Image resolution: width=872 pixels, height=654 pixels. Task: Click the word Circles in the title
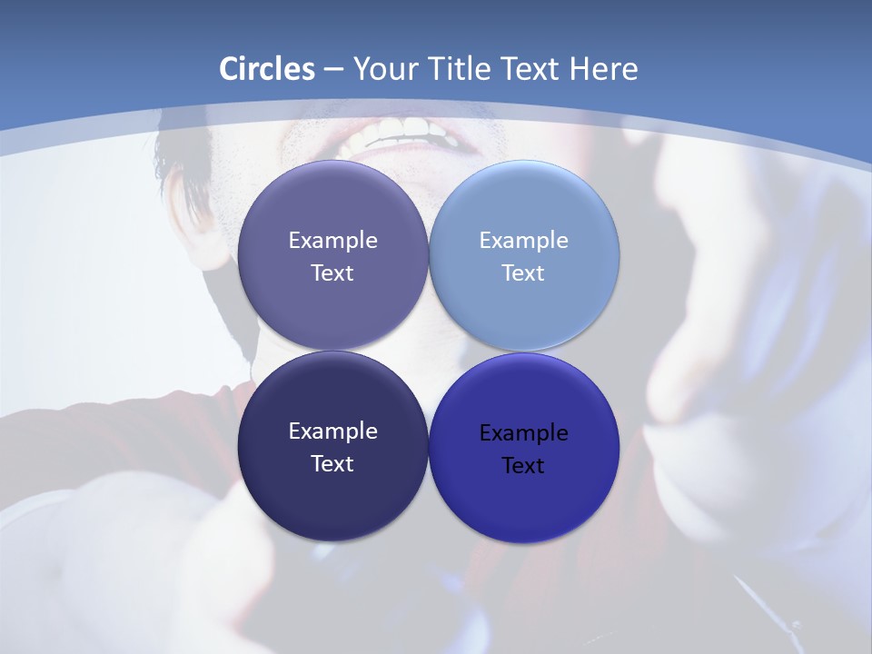(266, 69)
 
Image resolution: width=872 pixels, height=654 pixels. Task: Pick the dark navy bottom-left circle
(332, 500)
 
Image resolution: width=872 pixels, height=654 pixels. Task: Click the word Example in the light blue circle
(523, 241)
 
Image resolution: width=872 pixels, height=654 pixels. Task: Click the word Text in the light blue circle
(523, 273)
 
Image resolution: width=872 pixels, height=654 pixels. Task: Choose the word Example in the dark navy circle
(332, 431)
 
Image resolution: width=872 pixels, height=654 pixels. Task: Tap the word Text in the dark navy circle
(332, 464)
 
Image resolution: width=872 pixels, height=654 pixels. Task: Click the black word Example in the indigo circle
(523, 433)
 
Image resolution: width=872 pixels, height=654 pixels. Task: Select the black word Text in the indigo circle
(523, 466)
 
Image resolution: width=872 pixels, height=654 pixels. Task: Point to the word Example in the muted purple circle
(332, 241)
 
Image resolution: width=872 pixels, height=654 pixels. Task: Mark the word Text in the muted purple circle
(332, 273)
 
